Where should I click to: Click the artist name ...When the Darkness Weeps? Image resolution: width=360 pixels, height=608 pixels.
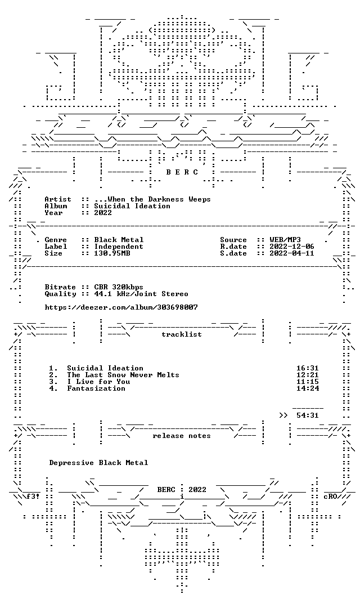pos(152,199)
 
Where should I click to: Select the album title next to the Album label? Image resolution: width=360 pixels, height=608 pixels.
pos(132,206)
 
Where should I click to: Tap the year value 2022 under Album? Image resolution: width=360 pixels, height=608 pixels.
pos(103,212)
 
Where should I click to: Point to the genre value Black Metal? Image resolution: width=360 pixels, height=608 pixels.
pos(119,240)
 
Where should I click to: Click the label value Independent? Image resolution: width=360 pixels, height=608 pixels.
pos(119,247)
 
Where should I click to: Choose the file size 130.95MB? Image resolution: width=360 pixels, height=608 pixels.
pos(112,253)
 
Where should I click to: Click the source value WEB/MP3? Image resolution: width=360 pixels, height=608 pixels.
pos(285,240)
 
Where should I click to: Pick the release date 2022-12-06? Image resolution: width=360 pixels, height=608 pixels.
pos(292,247)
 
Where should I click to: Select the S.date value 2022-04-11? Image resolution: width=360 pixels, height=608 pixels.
pos(292,253)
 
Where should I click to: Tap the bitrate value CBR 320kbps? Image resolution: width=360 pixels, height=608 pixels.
pos(119,287)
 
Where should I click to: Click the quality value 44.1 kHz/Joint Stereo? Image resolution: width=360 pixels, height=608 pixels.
pos(141,294)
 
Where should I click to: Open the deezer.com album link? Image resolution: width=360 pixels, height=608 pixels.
pos(121,307)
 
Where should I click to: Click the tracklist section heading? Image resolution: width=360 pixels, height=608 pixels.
pos(182,334)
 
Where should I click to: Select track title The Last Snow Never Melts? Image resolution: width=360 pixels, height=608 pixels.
pos(123,375)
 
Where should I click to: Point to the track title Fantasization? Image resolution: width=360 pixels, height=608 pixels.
pos(96,388)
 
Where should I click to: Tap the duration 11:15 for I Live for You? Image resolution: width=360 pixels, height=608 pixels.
pos(308,382)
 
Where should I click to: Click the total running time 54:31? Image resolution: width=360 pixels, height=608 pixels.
pos(308,415)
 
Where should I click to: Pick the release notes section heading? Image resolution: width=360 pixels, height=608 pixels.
pos(182,436)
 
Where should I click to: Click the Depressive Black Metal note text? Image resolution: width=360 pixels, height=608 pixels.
pos(98,463)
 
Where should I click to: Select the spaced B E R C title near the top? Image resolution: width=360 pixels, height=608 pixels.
pos(182,172)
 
